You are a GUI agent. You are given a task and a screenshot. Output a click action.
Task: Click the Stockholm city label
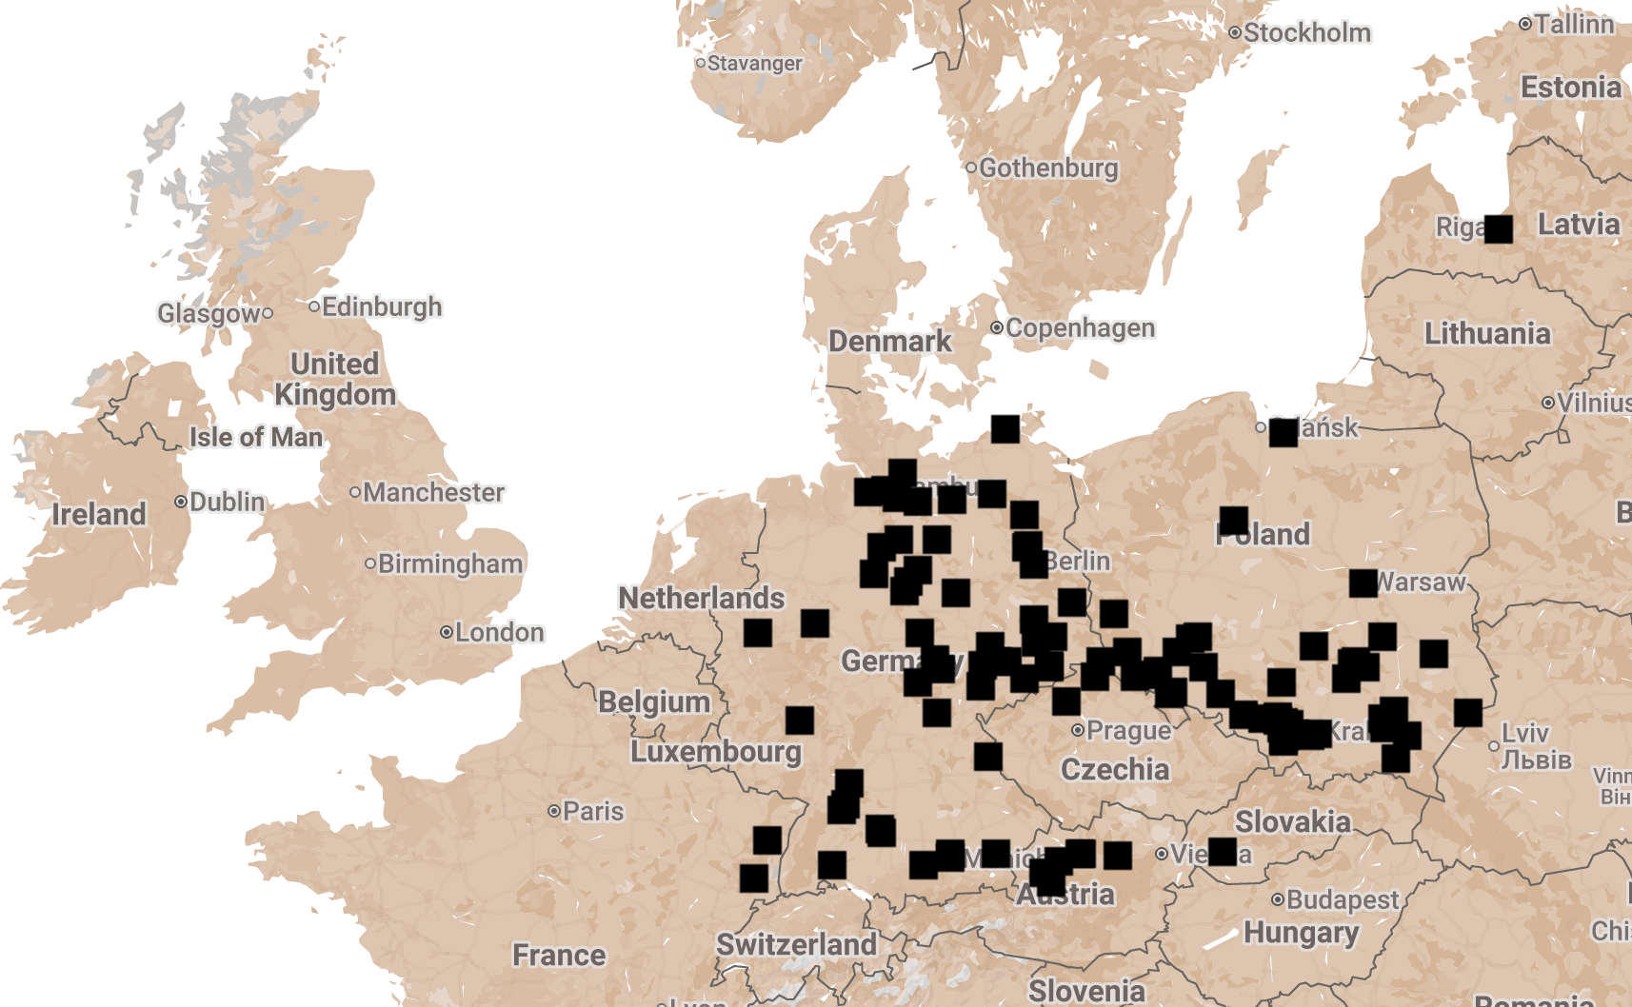(x=1306, y=33)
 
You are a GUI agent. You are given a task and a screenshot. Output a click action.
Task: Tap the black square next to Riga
(x=1498, y=229)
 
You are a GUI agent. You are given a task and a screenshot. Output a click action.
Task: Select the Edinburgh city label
(x=381, y=306)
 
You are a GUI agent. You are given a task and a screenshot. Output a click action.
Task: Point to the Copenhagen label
(x=1080, y=328)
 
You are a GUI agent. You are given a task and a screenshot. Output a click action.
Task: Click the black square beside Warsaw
(x=1363, y=582)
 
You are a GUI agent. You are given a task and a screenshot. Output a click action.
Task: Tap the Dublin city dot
(x=181, y=502)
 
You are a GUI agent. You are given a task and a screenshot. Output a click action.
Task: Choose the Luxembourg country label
(x=716, y=751)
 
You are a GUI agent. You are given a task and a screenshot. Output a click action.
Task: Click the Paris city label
(x=592, y=812)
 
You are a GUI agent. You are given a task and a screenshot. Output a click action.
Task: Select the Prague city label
(x=1128, y=731)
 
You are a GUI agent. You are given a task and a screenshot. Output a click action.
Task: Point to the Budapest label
(x=1343, y=899)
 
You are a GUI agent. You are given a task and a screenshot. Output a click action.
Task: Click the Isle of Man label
(x=256, y=437)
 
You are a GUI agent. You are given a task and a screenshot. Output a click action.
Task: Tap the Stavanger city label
(x=754, y=64)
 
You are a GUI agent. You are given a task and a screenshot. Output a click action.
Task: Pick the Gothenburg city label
(x=1048, y=168)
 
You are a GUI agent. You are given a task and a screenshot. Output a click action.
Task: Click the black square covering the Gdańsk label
(x=1283, y=432)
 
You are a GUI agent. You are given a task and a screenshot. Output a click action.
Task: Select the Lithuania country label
(x=1487, y=334)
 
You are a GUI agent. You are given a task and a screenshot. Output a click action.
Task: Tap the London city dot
(x=446, y=632)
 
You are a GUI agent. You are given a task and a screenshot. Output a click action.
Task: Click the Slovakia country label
(x=1292, y=821)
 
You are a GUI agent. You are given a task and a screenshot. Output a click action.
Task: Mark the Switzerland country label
(x=796, y=944)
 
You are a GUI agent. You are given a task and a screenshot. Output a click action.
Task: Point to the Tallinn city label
(x=1573, y=24)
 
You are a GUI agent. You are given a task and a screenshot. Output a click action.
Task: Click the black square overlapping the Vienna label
(x=1222, y=852)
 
